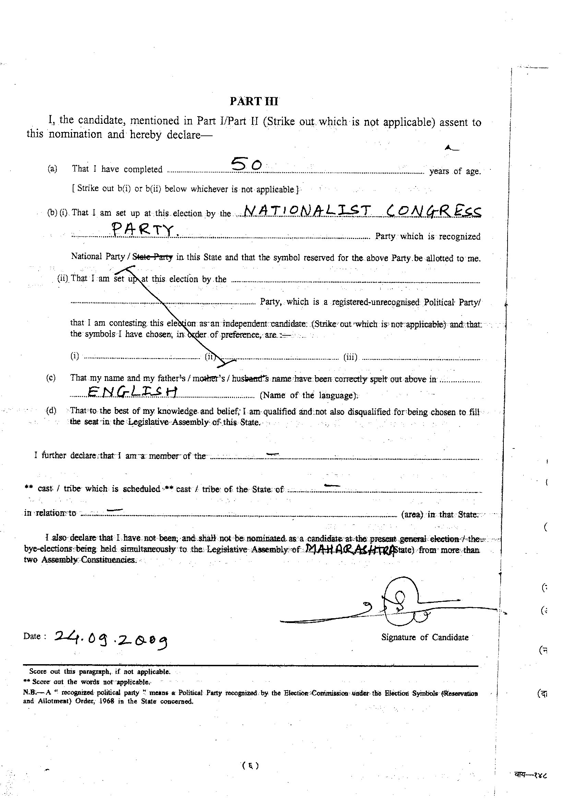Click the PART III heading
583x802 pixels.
click(x=254, y=101)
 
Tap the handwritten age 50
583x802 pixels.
click(x=247, y=164)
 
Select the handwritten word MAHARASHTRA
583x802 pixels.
click(x=349, y=550)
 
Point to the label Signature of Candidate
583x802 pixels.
click(x=425, y=637)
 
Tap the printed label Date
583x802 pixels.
click(x=34, y=636)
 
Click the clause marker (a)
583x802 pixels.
click(x=52, y=169)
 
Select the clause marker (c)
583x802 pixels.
click(x=51, y=378)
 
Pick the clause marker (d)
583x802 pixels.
click(x=51, y=410)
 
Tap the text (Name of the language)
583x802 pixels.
click(x=309, y=395)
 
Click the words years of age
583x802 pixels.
click(x=455, y=171)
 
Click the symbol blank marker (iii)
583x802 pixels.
click(x=350, y=357)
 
